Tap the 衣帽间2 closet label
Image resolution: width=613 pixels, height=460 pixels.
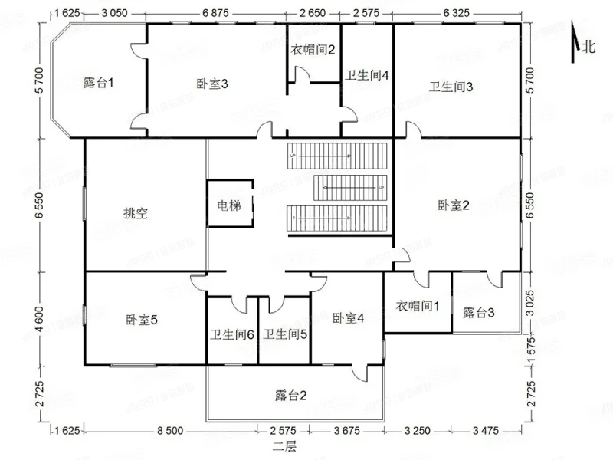point(313,51)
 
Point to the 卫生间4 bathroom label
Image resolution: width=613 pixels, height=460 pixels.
point(367,75)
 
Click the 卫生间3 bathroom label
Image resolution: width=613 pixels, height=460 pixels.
point(451,86)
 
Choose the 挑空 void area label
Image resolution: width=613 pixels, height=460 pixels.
point(135,213)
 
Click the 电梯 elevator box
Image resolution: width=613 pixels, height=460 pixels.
point(228,205)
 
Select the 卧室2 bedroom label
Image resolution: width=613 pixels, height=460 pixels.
point(454,205)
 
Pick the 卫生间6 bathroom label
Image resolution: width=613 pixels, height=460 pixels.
point(232,334)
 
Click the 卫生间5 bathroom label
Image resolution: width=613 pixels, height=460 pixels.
point(285,334)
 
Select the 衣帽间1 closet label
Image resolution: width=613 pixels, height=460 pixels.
point(418,306)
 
